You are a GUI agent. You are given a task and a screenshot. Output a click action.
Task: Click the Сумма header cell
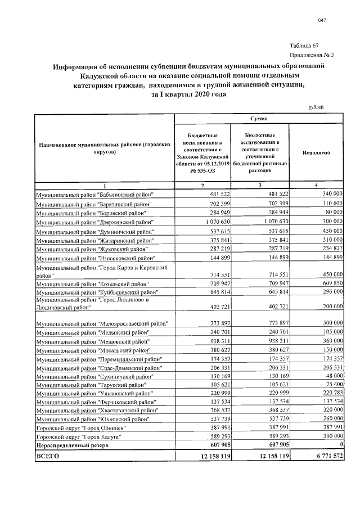(259, 119)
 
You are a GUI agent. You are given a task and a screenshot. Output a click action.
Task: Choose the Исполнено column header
(316, 152)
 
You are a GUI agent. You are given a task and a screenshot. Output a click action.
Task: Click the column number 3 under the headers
(259, 185)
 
